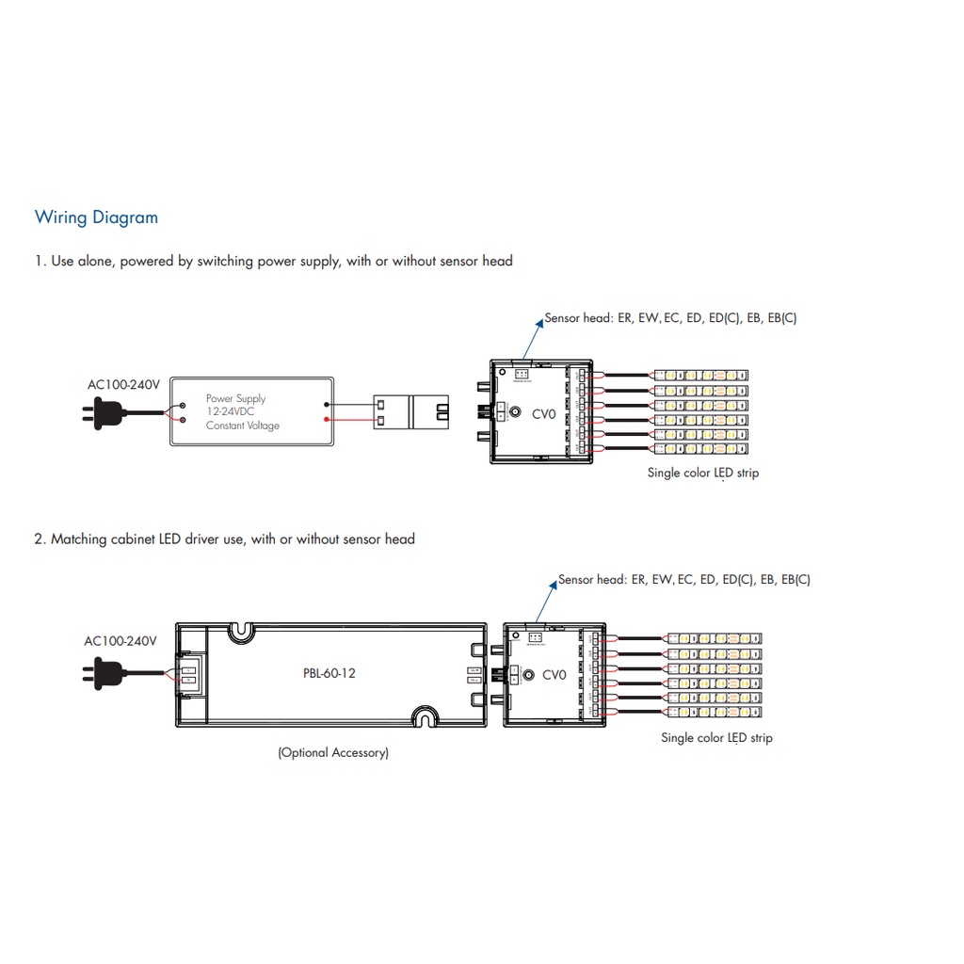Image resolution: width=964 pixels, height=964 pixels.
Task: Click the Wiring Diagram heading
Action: (x=96, y=217)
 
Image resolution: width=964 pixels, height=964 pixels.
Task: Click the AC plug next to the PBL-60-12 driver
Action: (x=106, y=673)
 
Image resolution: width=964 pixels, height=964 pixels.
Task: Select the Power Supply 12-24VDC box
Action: (x=251, y=411)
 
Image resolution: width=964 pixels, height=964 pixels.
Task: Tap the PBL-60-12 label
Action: (x=329, y=673)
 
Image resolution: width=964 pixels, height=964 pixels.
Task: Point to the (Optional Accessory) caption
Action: (x=332, y=752)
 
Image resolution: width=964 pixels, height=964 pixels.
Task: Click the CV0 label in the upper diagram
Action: (x=544, y=413)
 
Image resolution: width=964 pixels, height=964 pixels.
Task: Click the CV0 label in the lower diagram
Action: (x=554, y=674)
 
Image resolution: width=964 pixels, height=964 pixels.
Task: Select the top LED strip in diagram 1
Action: (x=701, y=375)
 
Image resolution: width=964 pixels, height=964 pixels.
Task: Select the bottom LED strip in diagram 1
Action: (x=701, y=448)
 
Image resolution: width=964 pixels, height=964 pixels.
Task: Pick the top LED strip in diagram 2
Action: (x=715, y=639)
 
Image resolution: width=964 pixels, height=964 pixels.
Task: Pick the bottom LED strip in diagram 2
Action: (x=715, y=713)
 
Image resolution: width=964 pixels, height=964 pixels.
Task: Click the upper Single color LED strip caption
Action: (x=702, y=473)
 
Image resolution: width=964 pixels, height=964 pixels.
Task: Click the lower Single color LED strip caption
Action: (x=716, y=738)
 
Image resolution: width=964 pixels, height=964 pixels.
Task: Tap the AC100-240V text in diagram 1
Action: (x=124, y=384)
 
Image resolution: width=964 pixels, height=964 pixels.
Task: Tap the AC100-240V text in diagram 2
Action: (x=120, y=641)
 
